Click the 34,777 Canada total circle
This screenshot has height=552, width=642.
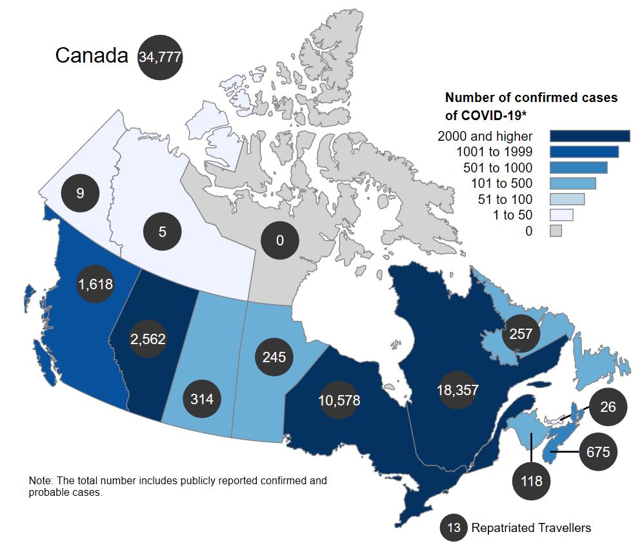pos(160,57)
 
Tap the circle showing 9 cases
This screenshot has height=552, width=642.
pos(80,192)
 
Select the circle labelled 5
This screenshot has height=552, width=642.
pos(163,231)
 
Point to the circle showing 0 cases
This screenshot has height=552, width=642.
pos(279,241)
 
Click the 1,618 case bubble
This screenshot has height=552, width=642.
pos(95,284)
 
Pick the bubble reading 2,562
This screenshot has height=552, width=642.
pos(148,339)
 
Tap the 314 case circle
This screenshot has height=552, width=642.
pos(202,398)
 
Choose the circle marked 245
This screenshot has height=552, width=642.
pos(274,356)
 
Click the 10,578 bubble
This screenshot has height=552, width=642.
pos(339,400)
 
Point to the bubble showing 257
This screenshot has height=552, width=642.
pos(521,334)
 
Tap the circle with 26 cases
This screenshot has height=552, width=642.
pos(608,407)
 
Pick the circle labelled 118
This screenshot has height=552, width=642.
pos(532,481)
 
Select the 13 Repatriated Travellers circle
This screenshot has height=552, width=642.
pos(454,528)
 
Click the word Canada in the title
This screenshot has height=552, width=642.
pos(92,56)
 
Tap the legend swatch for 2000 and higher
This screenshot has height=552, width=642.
pos(590,136)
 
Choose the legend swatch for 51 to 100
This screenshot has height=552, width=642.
pos(567,199)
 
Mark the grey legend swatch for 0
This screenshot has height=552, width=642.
pos(556,230)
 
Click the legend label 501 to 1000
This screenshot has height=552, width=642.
pos(494,168)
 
